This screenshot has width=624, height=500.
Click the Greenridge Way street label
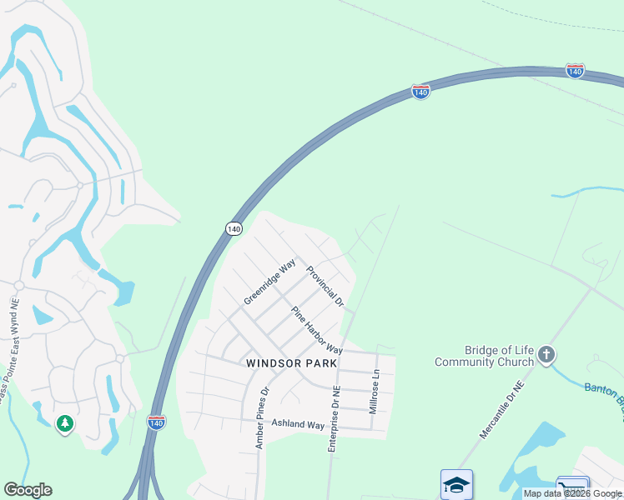[270, 282]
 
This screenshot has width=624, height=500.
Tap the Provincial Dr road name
[325, 286]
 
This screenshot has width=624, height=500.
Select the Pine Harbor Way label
[317, 330]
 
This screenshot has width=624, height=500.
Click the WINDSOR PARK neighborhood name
[292, 363]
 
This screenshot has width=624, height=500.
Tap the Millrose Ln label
[375, 392]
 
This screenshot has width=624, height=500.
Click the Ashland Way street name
[298, 425]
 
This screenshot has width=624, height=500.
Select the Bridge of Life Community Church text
[485, 356]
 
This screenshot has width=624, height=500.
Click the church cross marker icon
[547, 356]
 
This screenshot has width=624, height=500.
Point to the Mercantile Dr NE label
[501, 411]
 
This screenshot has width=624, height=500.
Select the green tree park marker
[65, 425]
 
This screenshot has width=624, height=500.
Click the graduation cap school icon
[456, 484]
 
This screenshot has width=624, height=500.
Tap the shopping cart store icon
[572, 487]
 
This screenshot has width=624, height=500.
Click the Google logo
[28, 490]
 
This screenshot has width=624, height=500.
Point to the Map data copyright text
[572, 493]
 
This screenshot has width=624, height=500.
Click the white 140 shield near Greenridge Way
[234, 228]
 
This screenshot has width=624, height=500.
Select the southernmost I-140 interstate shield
[156, 422]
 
